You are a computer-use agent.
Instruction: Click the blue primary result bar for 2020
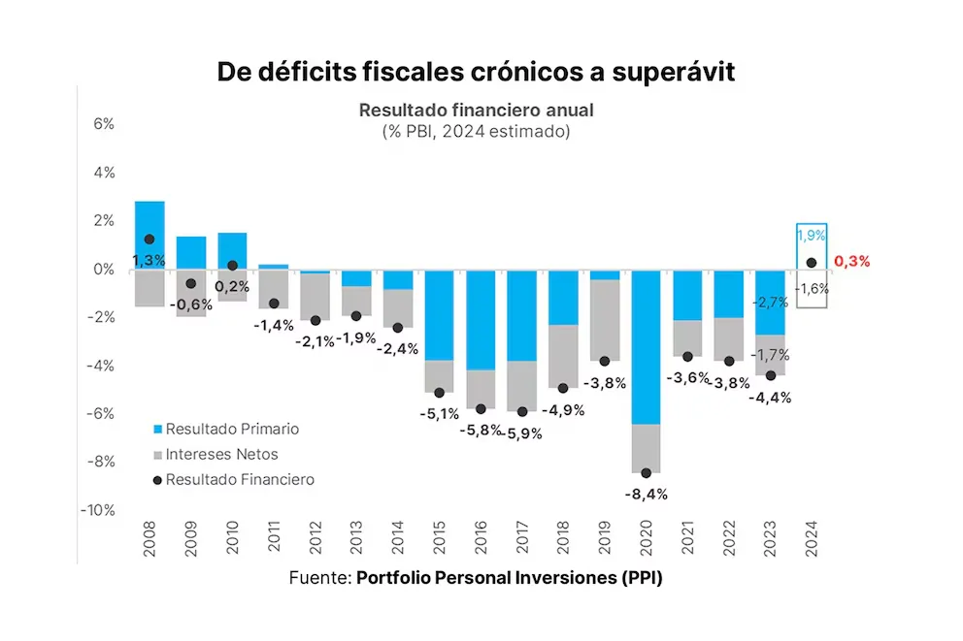pyautogui.click(x=646, y=346)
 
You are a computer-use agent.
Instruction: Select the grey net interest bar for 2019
pyautogui.click(x=604, y=320)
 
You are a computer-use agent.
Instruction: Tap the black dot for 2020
pyautogui.click(x=646, y=473)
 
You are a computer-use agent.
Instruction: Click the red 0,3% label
pyautogui.click(x=851, y=261)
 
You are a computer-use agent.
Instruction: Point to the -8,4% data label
pyautogui.click(x=646, y=494)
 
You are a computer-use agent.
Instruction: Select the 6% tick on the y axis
pyautogui.click(x=104, y=124)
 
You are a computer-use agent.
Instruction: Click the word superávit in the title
pyautogui.click(x=671, y=72)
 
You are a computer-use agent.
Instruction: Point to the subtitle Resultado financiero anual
pyautogui.click(x=476, y=110)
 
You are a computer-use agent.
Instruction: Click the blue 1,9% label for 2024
pyautogui.click(x=812, y=236)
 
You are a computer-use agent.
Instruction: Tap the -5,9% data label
pyautogui.click(x=524, y=433)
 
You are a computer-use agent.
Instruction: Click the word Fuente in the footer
pyautogui.click(x=317, y=578)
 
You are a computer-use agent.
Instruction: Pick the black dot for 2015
pyautogui.click(x=439, y=393)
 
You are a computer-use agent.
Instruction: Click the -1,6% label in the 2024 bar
pyautogui.click(x=812, y=288)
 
